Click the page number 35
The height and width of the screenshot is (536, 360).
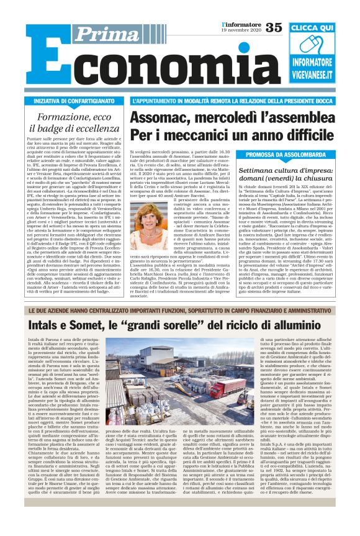pos(273,27)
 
